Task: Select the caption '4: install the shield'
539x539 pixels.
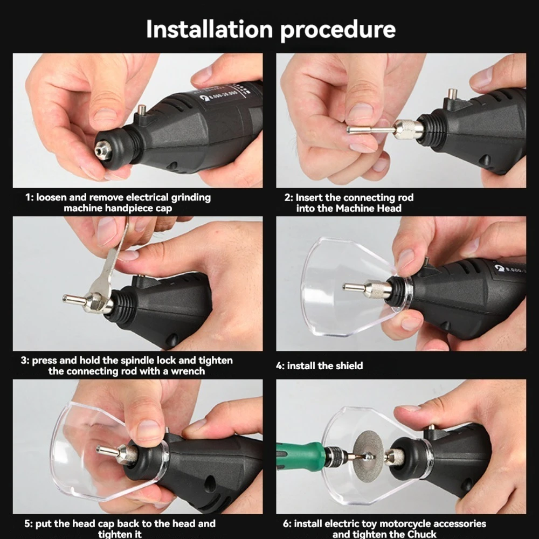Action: pos(320,366)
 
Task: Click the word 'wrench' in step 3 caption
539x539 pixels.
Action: pos(189,371)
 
